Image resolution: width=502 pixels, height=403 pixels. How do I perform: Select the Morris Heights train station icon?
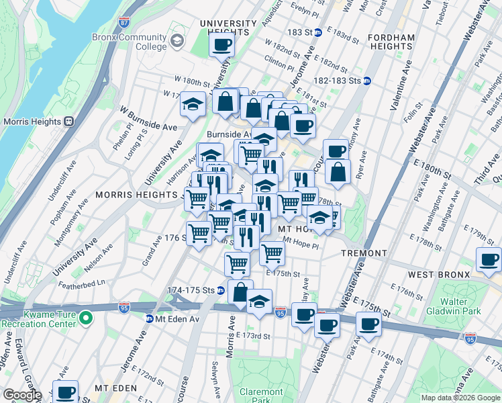(68, 122)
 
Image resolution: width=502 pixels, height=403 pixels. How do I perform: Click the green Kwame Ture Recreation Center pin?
(85, 316)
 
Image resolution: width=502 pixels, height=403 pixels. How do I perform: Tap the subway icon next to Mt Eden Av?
(150, 318)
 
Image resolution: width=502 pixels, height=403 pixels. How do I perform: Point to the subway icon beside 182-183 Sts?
(368, 81)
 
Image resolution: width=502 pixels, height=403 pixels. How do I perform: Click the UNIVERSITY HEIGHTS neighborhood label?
(228, 24)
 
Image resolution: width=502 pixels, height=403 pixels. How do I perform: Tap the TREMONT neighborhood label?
(364, 253)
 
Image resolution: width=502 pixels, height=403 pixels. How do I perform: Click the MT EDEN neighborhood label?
(115, 388)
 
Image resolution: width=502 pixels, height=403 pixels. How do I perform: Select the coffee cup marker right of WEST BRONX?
(489, 260)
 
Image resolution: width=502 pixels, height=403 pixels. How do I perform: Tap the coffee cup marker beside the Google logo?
(65, 392)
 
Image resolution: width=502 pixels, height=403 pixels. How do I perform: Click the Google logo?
(22, 395)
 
